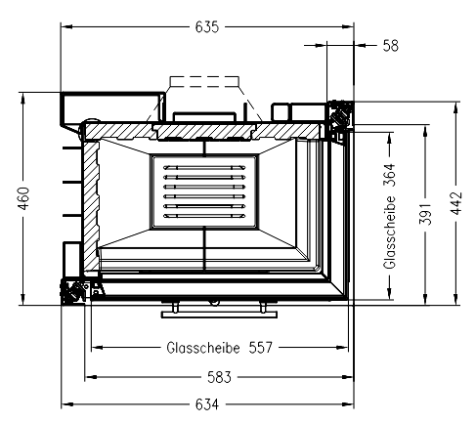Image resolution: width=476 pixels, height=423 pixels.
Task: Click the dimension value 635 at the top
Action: click(207, 27)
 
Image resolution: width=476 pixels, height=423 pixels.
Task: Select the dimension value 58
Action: click(390, 46)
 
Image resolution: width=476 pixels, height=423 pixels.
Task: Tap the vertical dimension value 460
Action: click(24, 198)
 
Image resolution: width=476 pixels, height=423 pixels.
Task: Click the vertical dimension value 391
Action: click(425, 214)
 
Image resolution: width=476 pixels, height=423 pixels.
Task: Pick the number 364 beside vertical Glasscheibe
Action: click(390, 175)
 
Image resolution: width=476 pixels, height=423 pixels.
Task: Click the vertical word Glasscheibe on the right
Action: click(390, 233)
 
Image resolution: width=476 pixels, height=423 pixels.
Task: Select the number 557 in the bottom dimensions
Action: click(261, 348)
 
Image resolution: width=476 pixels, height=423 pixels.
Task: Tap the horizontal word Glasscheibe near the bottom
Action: click(203, 348)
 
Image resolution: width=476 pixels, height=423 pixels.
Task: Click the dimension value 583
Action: click(219, 377)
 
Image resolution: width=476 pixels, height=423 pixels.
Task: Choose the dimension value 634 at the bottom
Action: click(207, 404)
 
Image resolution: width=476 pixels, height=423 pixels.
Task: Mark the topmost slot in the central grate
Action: click(204, 168)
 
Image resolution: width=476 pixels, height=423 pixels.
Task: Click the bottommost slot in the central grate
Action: click(204, 216)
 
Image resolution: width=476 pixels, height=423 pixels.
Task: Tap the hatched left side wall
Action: click(91, 206)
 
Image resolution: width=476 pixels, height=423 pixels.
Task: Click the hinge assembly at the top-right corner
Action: click(340, 116)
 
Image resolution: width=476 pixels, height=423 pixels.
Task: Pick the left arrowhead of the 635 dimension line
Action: click(66, 26)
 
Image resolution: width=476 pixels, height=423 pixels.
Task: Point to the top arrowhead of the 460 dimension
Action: click(22, 98)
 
